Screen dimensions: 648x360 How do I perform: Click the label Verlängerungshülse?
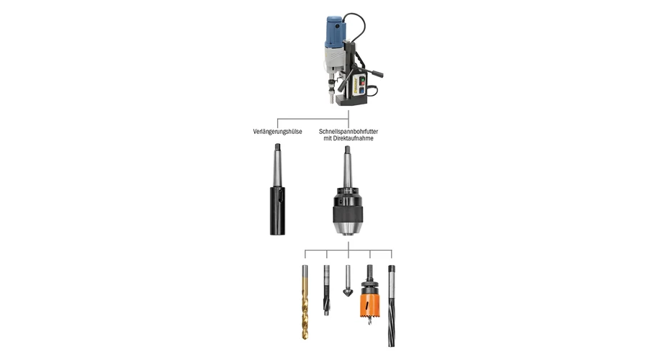277,132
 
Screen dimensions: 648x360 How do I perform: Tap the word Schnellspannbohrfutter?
348,132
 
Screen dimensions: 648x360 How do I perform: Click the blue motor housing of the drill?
334,31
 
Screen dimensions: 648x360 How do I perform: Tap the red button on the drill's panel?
362,81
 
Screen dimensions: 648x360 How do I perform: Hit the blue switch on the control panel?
361,91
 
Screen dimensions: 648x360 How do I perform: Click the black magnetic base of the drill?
351,100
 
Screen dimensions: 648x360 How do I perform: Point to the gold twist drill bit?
305,302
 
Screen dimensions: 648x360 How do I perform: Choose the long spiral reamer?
392,306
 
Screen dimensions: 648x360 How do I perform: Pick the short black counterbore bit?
326,290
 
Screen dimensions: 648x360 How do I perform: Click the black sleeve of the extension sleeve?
277,211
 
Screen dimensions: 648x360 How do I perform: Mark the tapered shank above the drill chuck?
348,166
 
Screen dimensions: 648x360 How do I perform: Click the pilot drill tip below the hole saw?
369,320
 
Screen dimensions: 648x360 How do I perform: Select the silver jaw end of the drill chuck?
348,229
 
